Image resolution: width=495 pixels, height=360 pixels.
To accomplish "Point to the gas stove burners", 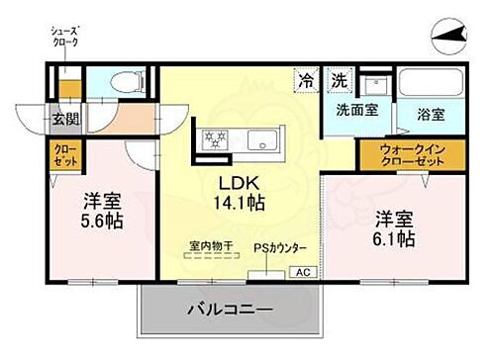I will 215,137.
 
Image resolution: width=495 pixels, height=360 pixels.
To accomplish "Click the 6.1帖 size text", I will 393,238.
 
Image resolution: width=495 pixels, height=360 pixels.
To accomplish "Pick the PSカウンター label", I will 280,246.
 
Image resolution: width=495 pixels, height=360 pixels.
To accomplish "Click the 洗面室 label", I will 355,111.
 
